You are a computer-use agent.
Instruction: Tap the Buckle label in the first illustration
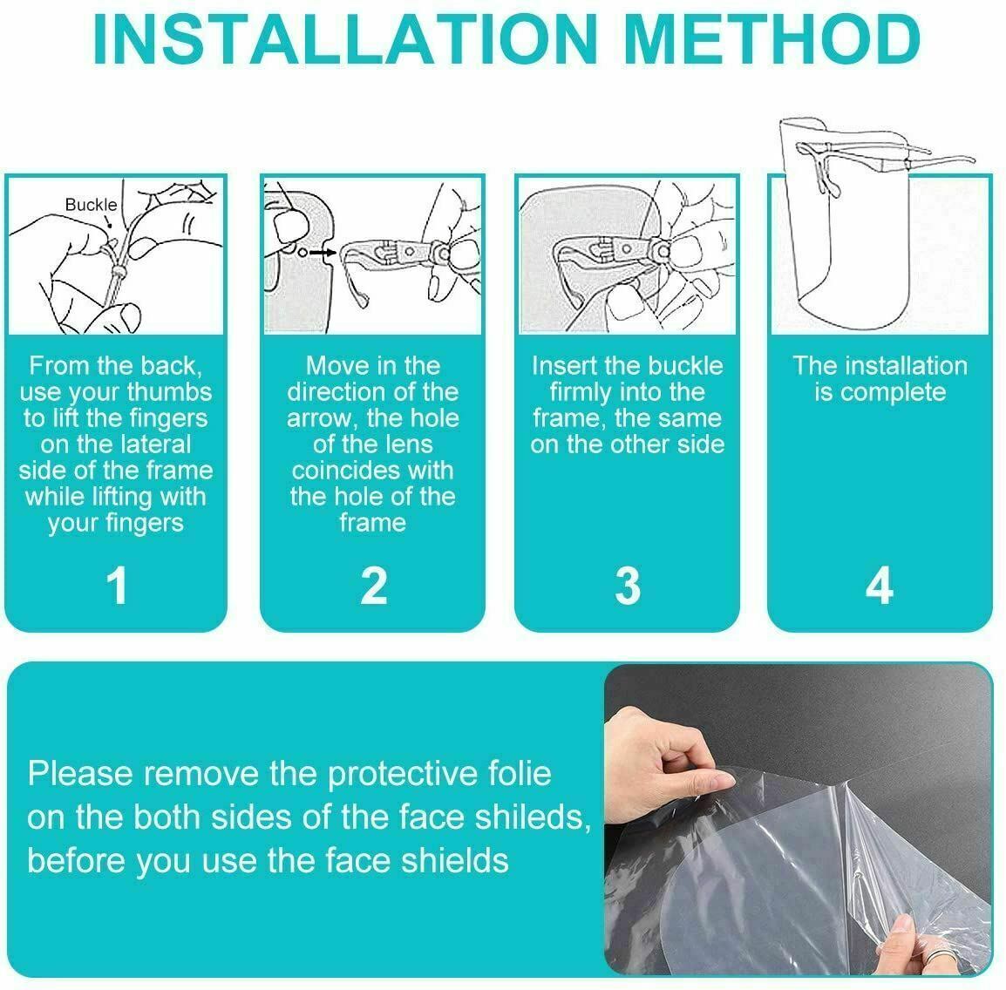pyautogui.click(x=92, y=205)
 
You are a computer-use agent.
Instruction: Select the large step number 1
pyautogui.click(x=117, y=586)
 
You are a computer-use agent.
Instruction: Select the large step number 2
pyautogui.click(x=373, y=586)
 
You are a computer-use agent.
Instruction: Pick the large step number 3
pyautogui.click(x=628, y=586)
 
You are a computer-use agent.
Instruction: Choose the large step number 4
pyautogui.click(x=879, y=586)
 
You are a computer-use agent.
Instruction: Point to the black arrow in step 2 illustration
pyautogui.click(x=323, y=253)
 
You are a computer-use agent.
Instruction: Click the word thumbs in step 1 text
pyautogui.click(x=169, y=392)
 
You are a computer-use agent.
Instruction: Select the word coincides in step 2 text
pyautogui.click(x=330, y=471)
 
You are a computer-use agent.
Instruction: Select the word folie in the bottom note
pyautogui.click(x=521, y=773)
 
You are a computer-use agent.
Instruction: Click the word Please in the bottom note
pyautogui.click(x=79, y=773)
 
